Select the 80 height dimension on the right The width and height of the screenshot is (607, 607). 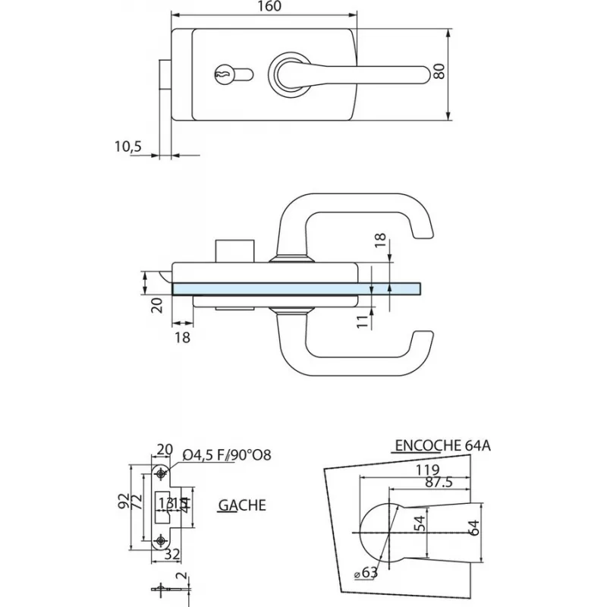click(438, 73)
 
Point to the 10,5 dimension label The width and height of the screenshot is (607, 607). click(126, 147)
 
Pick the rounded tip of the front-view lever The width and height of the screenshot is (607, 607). click(419, 74)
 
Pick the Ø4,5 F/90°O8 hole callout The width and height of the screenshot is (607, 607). click(228, 455)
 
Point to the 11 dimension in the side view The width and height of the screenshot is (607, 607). click(362, 321)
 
